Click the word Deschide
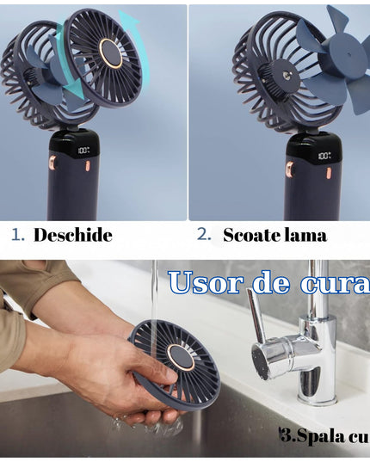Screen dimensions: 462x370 (73, 235)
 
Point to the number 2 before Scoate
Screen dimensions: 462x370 (203, 234)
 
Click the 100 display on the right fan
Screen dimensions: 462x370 (324, 157)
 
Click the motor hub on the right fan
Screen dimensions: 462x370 (284, 78)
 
